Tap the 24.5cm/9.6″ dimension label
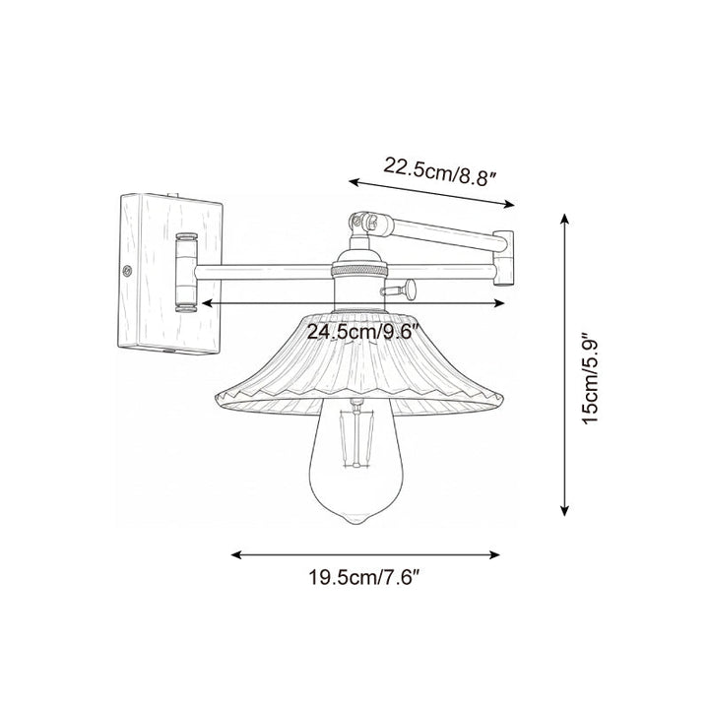(x=370, y=332)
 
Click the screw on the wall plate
(x=126, y=267)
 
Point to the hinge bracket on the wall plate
(x=184, y=272)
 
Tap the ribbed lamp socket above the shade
(x=357, y=281)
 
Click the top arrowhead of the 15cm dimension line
(x=564, y=214)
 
